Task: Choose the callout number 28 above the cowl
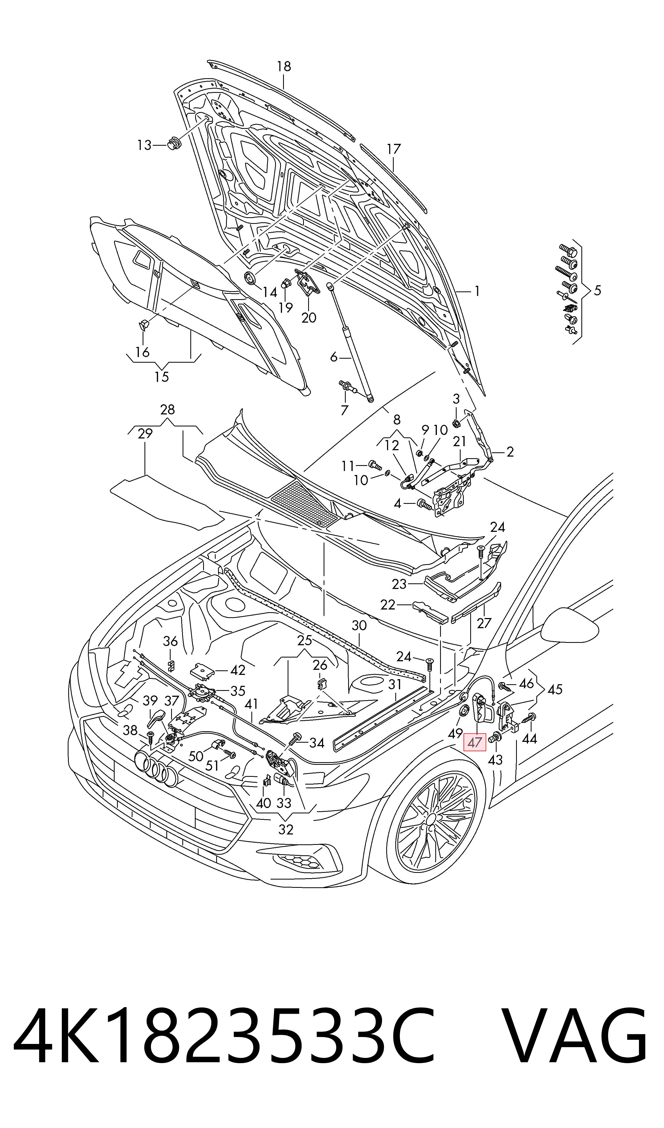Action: tap(167, 410)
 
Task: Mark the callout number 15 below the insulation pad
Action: tap(162, 377)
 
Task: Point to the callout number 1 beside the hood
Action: tap(477, 291)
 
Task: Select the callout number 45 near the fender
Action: tap(555, 689)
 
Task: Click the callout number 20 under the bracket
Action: tap(309, 318)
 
